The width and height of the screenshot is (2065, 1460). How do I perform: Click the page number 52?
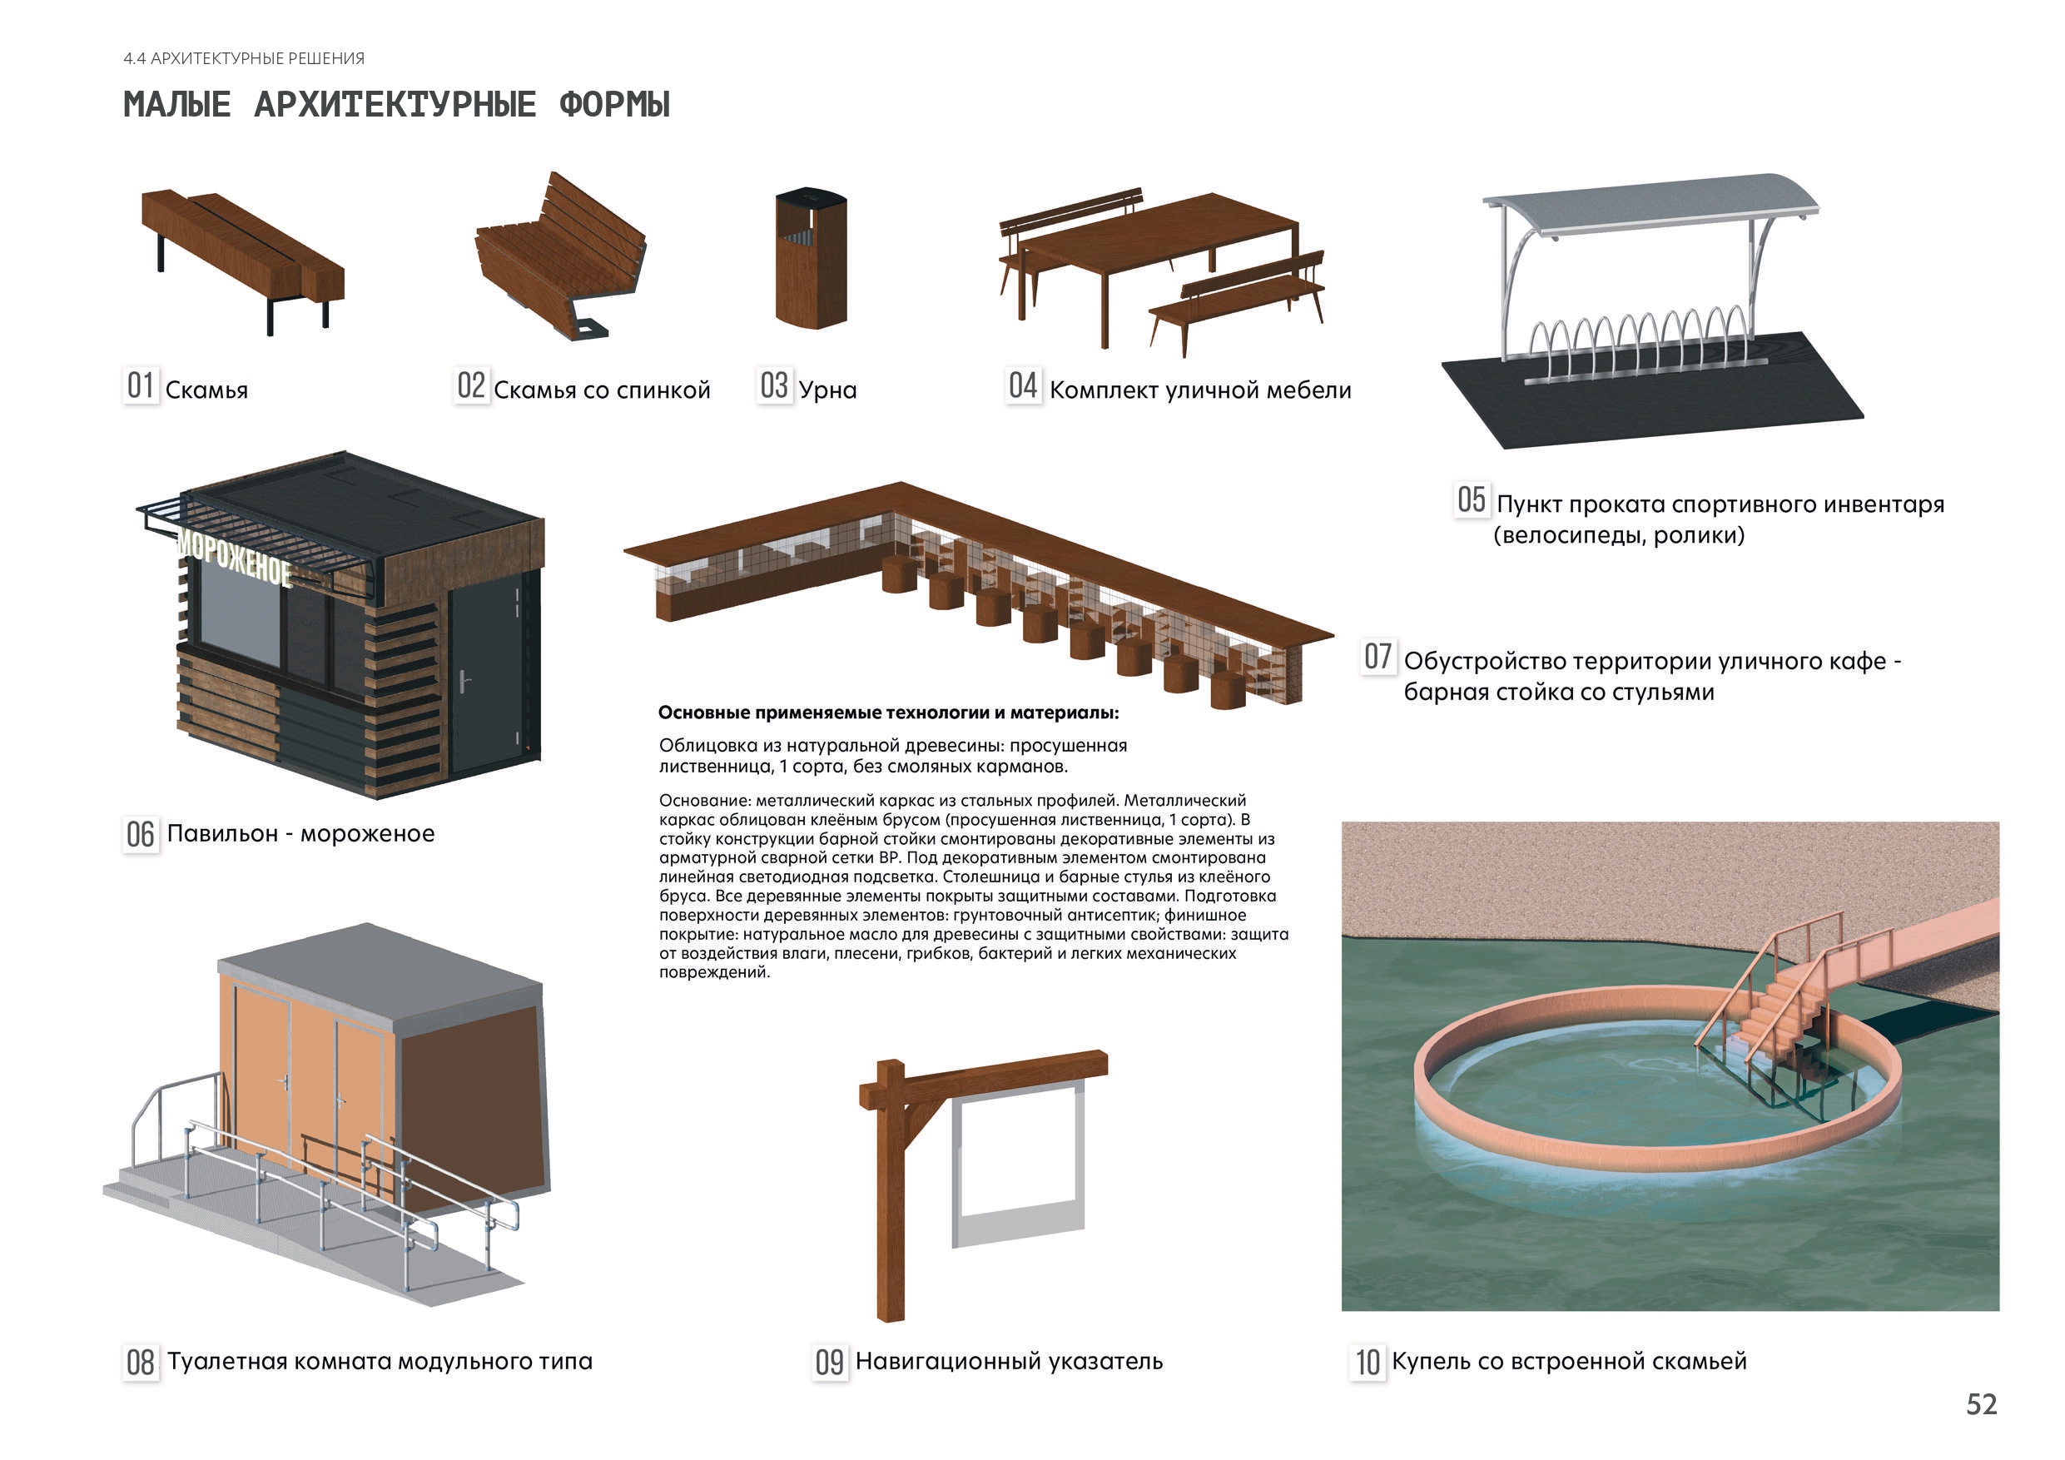(x=1982, y=1404)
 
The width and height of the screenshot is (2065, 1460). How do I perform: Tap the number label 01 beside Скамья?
(x=141, y=386)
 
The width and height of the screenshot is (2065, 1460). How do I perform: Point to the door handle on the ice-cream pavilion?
(x=463, y=681)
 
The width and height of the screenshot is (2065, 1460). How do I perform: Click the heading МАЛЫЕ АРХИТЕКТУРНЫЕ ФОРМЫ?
(x=397, y=104)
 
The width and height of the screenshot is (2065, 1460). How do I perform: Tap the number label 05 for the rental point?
(x=1472, y=500)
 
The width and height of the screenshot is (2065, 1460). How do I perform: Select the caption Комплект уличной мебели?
(x=1199, y=390)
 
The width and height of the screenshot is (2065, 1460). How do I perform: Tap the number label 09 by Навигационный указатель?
(x=830, y=1361)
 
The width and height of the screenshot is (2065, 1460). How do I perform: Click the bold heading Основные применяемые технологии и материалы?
(x=889, y=713)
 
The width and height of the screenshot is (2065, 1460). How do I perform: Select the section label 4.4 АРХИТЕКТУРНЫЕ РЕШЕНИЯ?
(x=244, y=58)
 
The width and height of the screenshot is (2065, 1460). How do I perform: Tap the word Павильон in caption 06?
(x=222, y=834)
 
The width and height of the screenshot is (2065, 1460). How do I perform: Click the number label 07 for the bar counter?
(x=1377, y=657)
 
